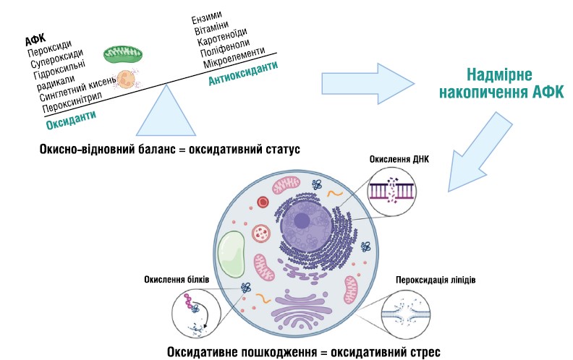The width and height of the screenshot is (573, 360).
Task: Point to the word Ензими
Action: (x=207, y=17)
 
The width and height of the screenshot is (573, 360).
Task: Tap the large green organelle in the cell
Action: (x=236, y=256)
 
